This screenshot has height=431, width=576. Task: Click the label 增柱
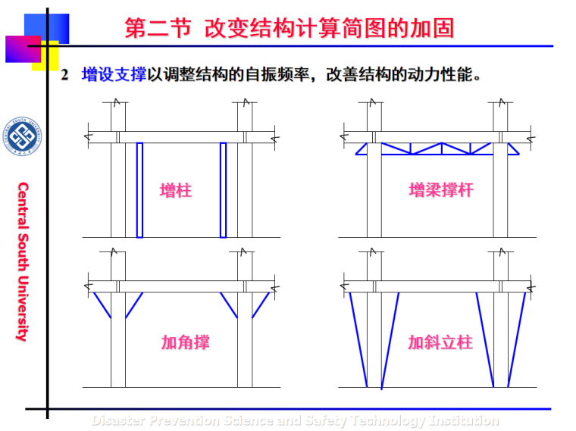tap(176, 190)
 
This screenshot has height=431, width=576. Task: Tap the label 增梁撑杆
tap(441, 190)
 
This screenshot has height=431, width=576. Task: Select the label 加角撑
tap(185, 342)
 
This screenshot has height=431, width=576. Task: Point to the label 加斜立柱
tap(440, 342)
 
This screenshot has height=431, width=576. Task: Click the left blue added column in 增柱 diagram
tap(139, 189)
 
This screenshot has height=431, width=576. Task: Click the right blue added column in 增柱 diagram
tap(223, 189)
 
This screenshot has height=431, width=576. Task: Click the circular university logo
tap(23, 136)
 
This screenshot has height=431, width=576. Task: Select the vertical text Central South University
tap(23, 261)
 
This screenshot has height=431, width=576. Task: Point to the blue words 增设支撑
tap(114, 75)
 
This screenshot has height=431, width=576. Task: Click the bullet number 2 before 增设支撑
tap(65, 76)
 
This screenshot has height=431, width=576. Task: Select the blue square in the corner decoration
tap(52, 27)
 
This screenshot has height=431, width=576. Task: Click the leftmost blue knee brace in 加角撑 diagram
tap(102, 305)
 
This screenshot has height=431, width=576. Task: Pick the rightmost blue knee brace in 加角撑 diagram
tap(261, 305)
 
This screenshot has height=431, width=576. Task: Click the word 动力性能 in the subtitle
tap(440, 75)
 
